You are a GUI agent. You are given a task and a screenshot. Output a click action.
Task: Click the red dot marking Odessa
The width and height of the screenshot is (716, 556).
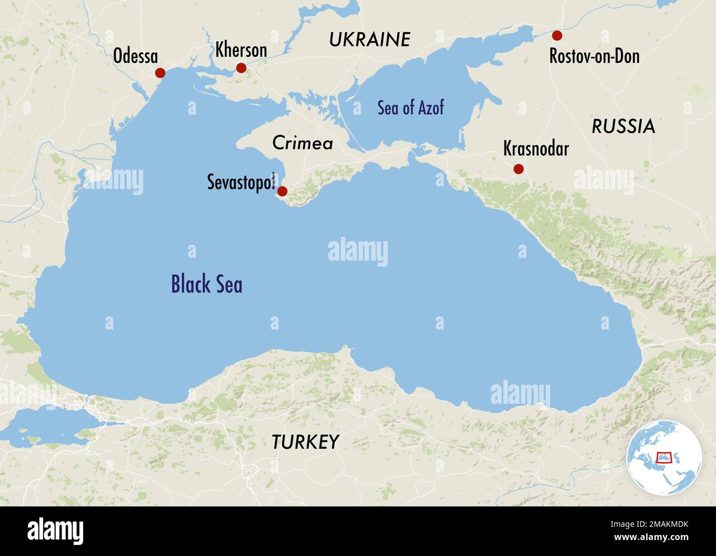click(160, 73)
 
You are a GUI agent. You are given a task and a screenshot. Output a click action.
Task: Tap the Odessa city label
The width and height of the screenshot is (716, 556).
click(135, 56)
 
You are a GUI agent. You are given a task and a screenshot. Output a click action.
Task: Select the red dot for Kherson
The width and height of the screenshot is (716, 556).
click(241, 68)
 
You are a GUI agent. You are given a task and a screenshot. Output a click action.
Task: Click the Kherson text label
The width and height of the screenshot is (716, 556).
click(241, 50)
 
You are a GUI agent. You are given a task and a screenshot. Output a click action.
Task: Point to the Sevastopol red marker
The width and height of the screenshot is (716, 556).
click(282, 191)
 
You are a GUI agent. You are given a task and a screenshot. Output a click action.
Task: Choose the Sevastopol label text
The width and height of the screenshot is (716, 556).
click(241, 182)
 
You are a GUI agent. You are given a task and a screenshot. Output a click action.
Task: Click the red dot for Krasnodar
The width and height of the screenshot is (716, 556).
click(518, 169)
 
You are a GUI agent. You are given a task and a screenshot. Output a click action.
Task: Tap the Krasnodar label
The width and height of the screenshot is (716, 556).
click(536, 148)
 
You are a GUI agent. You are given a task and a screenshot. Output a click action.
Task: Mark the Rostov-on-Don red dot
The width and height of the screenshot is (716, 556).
click(557, 35)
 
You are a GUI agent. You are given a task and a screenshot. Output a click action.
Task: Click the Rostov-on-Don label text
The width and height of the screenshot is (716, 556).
click(594, 56)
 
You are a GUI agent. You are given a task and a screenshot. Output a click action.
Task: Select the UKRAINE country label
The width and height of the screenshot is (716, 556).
click(370, 40)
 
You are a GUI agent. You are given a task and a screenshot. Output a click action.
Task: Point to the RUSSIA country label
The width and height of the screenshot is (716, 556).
click(623, 126)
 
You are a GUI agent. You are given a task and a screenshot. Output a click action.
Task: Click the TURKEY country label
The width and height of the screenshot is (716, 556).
click(305, 442)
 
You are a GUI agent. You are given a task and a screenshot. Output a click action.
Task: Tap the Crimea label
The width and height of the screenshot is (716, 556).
click(302, 143)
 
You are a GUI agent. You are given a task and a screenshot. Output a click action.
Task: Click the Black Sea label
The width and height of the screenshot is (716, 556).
click(207, 284)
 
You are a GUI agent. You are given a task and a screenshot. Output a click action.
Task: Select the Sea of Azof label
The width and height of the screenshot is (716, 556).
click(410, 107)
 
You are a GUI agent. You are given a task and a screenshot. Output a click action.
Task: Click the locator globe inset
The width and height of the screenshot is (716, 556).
click(664, 456)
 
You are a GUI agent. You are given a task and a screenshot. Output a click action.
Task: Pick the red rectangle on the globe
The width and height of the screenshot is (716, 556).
click(665, 457)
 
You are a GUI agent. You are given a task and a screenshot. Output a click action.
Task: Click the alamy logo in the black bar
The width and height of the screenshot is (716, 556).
click(56, 531)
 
